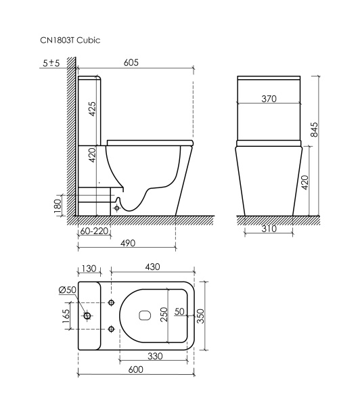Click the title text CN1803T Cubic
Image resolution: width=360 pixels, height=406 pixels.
[x=71, y=41]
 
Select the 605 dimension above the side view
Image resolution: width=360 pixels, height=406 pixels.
[x=131, y=62]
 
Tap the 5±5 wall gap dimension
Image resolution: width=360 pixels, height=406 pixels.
[x=50, y=63]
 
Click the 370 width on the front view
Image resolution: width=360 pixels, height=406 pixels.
[x=269, y=99]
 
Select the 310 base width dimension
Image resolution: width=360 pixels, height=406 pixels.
[x=269, y=229]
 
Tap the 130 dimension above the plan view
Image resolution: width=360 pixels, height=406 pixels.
[x=89, y=268]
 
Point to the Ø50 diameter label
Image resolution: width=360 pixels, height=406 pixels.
[x=67, y=290]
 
